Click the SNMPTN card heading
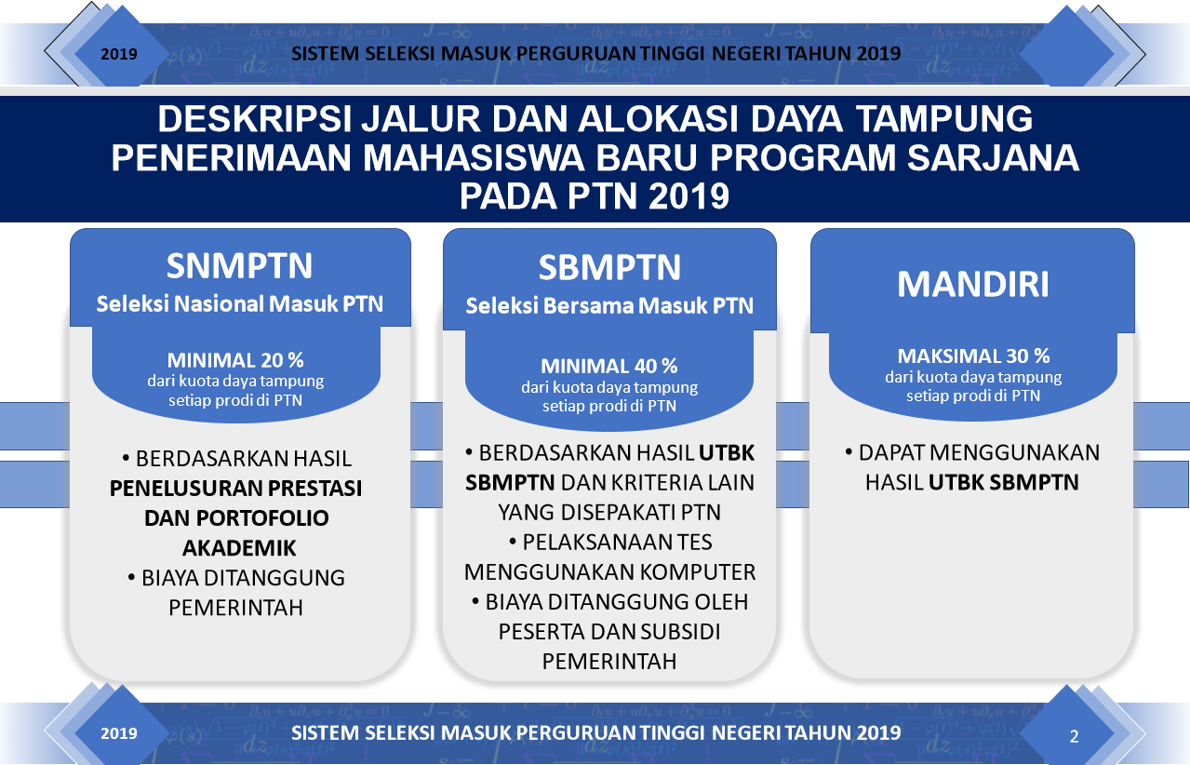tap(240, 265)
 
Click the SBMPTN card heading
tap(609, 267)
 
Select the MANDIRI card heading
tap(972, 284)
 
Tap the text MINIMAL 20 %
tap(235, 360)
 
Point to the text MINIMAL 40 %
tap(609, 366)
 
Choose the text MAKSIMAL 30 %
tap(973, 356)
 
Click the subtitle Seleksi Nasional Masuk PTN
tap(240, 304)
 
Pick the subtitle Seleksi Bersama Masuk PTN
tap(609, 305)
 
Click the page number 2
tap(1074, 736)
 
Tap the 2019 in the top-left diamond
tap(119, 54)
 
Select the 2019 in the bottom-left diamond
tap(119, 733)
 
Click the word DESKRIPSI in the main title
tap(255, 118)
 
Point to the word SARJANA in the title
tap(993, 158)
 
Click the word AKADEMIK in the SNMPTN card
tap(239, 548)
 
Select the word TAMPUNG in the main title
tap(945, 118)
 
